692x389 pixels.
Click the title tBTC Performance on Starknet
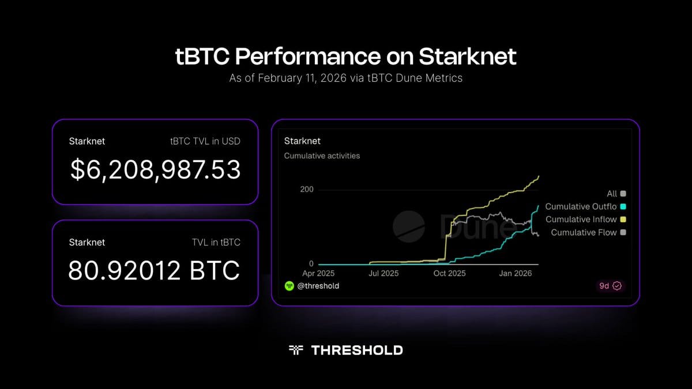coord(346,57)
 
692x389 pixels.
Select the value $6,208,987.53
coord(155,169)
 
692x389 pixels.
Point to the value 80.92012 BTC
coord(154,270)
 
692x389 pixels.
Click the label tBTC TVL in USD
coord(205,141)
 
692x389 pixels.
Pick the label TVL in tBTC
coord(216,242)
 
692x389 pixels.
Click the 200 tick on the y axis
coord(307,190)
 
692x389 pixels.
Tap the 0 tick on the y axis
coord(311,263)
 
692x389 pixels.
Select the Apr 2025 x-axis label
coord(318,273)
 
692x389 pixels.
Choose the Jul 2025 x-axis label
coord(383,273)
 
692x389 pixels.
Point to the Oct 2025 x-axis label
coord(449,273)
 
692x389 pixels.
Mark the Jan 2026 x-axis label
coord(515,273)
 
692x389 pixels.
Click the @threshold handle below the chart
coord(318,286)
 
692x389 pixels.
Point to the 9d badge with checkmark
coord(610,286)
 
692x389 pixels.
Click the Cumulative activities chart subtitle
coord(322,156)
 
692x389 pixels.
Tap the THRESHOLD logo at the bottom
coord(346,350)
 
